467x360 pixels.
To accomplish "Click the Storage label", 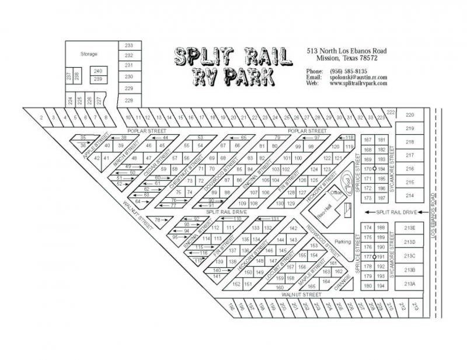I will point(89,54).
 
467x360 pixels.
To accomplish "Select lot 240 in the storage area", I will point(98,71).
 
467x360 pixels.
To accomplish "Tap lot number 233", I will point(129,46).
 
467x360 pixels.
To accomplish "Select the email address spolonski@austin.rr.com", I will point(358,78).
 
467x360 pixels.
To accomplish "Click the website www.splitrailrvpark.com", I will point(358,83).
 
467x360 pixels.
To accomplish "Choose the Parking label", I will point(343,241).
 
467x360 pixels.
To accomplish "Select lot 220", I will point(410,115).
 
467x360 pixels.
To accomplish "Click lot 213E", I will point(409,228).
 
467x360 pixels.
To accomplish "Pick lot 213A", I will point(409,284).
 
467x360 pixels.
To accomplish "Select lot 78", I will point(156,220).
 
